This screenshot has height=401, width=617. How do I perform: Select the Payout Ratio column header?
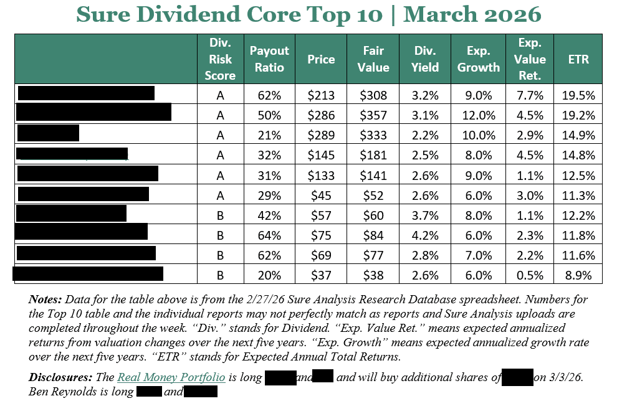point(269,59)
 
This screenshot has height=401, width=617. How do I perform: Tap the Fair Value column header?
point(373,59)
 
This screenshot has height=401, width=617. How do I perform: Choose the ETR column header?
point(578,59)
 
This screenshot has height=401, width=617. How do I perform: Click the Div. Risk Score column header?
point(220,59)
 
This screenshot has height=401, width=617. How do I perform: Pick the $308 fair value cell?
point(373,95)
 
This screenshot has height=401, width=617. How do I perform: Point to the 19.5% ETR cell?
point(578,95)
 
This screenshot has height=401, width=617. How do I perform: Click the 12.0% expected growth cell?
point(479,115)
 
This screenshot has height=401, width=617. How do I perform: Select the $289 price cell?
point(321,135)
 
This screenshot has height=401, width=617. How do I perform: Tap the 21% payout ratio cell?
point(269,135)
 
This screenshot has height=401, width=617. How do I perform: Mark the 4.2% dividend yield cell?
point(425,235)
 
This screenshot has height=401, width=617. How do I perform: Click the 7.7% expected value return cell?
point(530,95)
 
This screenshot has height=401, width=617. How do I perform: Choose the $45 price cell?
point(321,196)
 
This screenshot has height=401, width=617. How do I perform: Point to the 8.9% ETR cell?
point(578,275)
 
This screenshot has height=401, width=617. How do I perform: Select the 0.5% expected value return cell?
point(530,275)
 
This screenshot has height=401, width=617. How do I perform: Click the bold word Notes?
point(45,299)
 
